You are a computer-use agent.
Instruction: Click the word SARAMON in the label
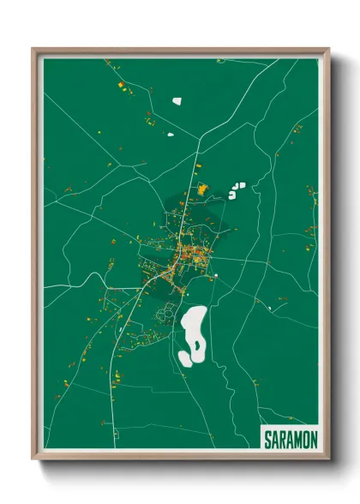point(290,439)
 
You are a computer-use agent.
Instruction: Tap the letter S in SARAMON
point(267,439)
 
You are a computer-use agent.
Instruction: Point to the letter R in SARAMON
point(282,439)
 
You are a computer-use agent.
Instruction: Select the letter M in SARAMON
point(297,439)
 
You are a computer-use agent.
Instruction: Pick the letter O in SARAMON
point(306,439)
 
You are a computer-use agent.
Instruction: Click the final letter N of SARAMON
point(314,439)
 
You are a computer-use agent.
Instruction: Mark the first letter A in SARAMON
point(274,439)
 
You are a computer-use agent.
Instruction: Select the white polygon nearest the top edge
point(177,101)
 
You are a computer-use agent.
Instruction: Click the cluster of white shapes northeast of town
point(236,190)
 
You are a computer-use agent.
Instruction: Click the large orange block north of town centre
point(203,189)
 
